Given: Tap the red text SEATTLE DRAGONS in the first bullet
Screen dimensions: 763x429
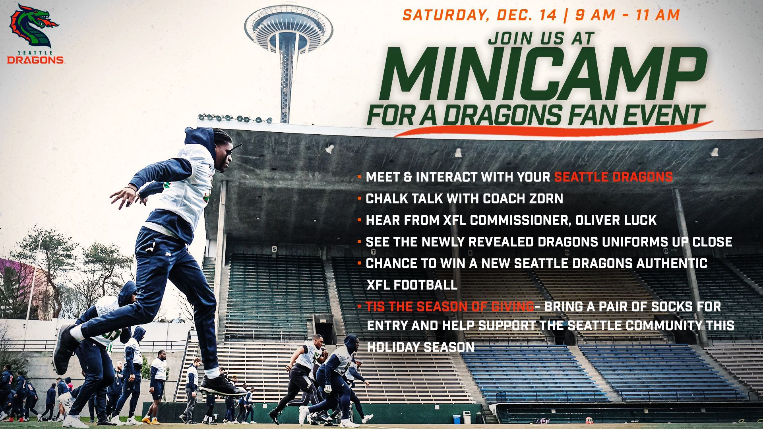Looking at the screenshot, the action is point(613,177).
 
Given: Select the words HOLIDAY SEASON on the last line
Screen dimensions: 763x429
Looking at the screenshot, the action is point(421,347).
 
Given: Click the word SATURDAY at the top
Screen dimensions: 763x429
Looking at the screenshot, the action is point(445,15).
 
